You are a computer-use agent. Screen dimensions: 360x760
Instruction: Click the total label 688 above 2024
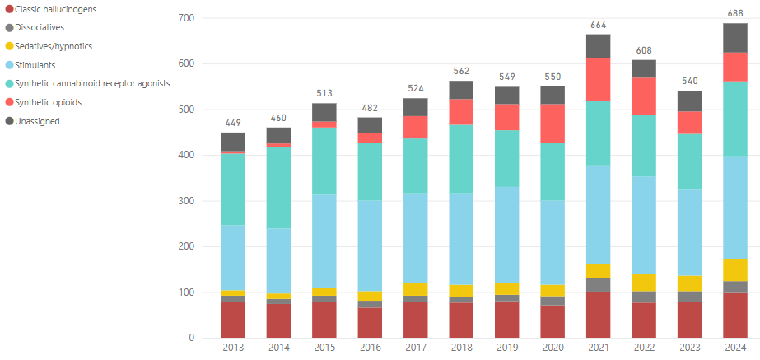coord(734,14)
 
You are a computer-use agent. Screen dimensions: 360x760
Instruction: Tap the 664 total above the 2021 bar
coord(598,26)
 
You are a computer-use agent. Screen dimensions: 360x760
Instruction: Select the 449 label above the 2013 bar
coord(233,124)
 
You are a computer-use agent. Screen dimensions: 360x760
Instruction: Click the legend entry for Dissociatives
coord(45,27)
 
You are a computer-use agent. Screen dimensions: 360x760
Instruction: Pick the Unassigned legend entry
coord(37,121)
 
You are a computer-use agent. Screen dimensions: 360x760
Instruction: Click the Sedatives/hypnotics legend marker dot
coord(7,46)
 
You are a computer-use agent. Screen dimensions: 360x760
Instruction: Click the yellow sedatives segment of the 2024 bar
coord(734,269)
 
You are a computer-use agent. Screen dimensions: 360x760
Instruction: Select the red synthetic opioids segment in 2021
coord(598,79)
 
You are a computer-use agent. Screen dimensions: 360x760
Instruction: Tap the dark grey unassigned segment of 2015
coord(324,112)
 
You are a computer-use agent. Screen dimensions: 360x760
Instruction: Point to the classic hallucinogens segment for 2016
coord(370,323)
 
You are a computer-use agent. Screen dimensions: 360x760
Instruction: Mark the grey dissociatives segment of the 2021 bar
coord(598,284)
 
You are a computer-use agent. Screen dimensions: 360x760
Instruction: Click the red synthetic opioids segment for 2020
coord(553,123)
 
